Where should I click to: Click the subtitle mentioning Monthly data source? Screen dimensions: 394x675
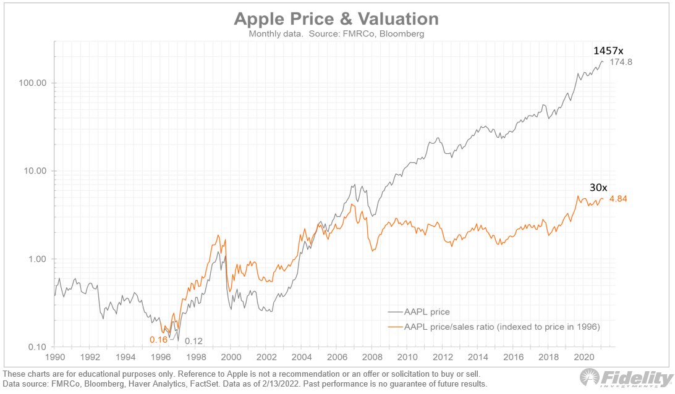click(x=336, y=34)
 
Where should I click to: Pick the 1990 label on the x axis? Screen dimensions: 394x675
click(x=55, y=357)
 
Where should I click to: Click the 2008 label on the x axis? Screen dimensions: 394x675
click(x=372, y=357)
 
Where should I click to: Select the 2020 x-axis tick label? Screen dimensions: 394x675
click(x=584, y=357)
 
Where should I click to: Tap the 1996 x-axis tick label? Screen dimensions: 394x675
click(x=161, y=357)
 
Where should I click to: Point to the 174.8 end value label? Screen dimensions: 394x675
click(x=621, y=63)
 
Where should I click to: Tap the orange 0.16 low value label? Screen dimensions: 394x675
click(x=159, y=340)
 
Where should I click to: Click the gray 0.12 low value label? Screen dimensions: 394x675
click(x=194, y=341)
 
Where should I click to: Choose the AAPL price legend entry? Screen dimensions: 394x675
click(x=427, y=312)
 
